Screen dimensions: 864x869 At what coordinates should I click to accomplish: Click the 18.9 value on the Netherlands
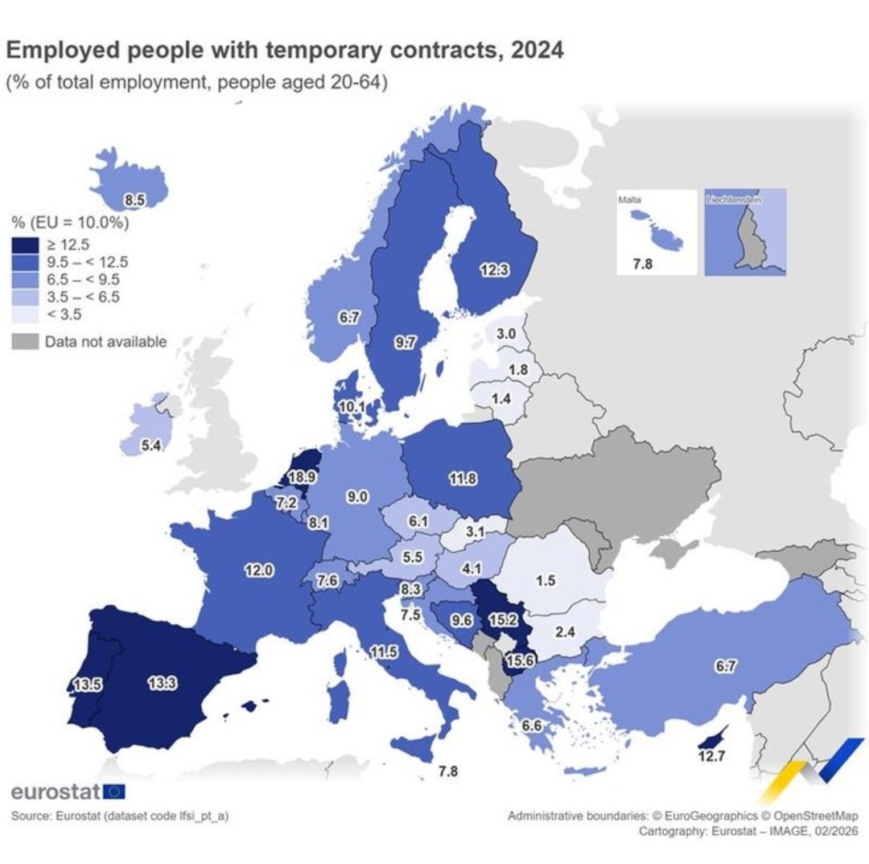click(x=301, y=477)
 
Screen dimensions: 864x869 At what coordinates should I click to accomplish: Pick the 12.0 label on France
click(x=260, y=570)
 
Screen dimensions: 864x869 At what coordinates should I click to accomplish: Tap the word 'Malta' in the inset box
click(x=628, y=198)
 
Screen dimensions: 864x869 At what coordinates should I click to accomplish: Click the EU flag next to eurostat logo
click(x=114, y=791)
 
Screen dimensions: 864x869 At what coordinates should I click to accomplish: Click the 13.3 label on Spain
click(x=163, y=683)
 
